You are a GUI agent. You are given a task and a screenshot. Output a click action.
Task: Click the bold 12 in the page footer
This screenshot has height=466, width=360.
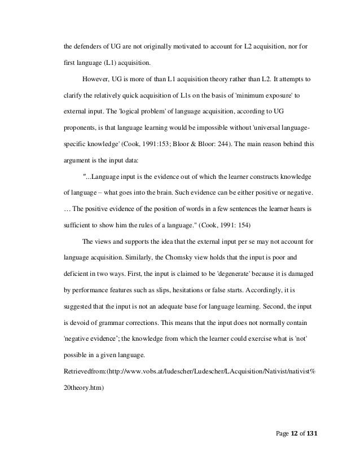pyautogui.click(x=297, y=435)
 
